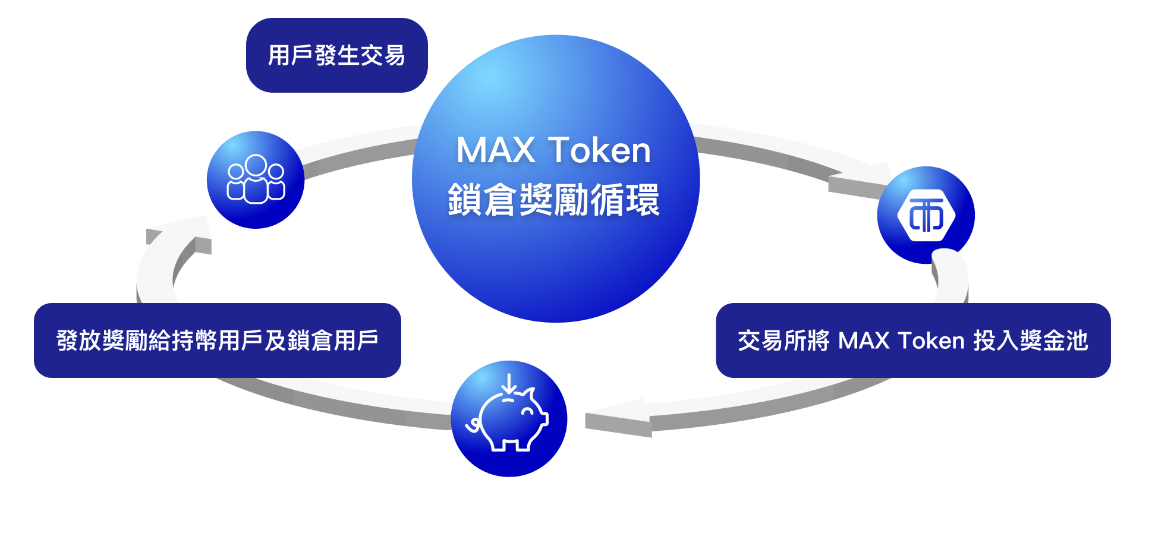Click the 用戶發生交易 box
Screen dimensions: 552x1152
[336, 55]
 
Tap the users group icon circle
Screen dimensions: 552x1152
[256, 179]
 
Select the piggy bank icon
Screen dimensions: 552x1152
[509, 418]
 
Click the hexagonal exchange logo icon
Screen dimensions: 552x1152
[926, 215]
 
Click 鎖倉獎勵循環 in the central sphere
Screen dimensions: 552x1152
[553, 200]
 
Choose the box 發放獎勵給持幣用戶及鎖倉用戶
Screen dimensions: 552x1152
[218, 340]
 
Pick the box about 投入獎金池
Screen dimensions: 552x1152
[912, 340]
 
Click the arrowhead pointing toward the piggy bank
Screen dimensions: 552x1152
[618, 417]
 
